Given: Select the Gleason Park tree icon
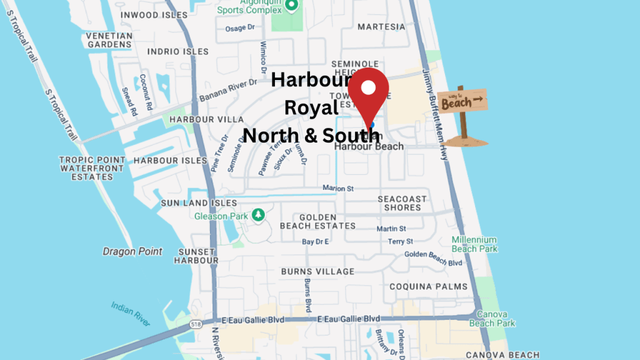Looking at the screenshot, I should tap(257, 216).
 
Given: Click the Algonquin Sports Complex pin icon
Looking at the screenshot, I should tap(291, 5).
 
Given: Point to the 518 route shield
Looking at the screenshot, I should tap(196, 324).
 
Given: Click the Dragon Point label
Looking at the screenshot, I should tap(132, 251).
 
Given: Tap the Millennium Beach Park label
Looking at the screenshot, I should tap(474, 244).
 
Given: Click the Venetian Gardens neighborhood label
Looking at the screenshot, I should tap(110, 40).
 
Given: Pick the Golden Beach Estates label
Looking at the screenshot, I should tap(317, 221).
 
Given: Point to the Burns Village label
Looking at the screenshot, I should tap(317, 272).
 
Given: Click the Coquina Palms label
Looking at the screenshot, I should tap(428, 286).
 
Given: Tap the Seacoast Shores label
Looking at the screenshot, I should tap(402, 203).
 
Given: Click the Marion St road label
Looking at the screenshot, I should tap(338, 188).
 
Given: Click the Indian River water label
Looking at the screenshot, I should tap(131, 314).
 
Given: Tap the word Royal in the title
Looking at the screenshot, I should tap(311, 107).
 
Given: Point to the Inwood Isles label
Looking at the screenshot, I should tap(153, 14).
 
